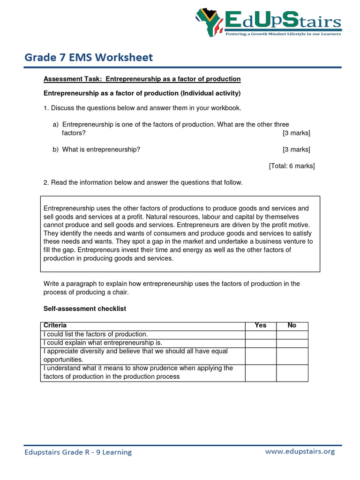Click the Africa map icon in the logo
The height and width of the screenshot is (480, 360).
click(209, 23)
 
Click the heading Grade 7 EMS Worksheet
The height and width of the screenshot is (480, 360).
click(89, 57)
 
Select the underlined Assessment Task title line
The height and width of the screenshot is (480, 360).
click(142, 79)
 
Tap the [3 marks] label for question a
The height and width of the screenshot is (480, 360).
click(296, 133)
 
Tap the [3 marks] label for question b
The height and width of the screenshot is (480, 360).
click(296, 150)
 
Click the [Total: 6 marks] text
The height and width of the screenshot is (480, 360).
click(292, 166)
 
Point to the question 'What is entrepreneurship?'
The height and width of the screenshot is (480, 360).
click(101, 150)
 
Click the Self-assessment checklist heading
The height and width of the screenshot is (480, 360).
click(85, 309)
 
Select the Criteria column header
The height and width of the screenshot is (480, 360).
click(55, 325)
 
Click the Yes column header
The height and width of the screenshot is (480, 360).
click(260, 325)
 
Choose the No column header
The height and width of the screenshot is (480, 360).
click(292, 325)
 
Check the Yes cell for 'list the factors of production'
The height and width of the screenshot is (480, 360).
click(260, 334)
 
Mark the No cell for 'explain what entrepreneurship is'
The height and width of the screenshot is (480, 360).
click(292, 343)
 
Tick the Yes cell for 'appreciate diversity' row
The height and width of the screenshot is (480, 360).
click(260, 356)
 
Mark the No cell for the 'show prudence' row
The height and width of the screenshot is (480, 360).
click(292, 373)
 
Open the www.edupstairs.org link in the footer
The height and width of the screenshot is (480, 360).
click(300, 451)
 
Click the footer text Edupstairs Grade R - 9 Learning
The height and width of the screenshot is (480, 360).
click(78, 452)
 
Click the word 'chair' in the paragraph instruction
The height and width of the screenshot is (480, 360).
click(119, 292)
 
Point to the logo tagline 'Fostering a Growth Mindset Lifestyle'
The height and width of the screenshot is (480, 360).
click(283, 34)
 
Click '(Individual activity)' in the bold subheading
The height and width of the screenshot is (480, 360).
click(211, 93)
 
